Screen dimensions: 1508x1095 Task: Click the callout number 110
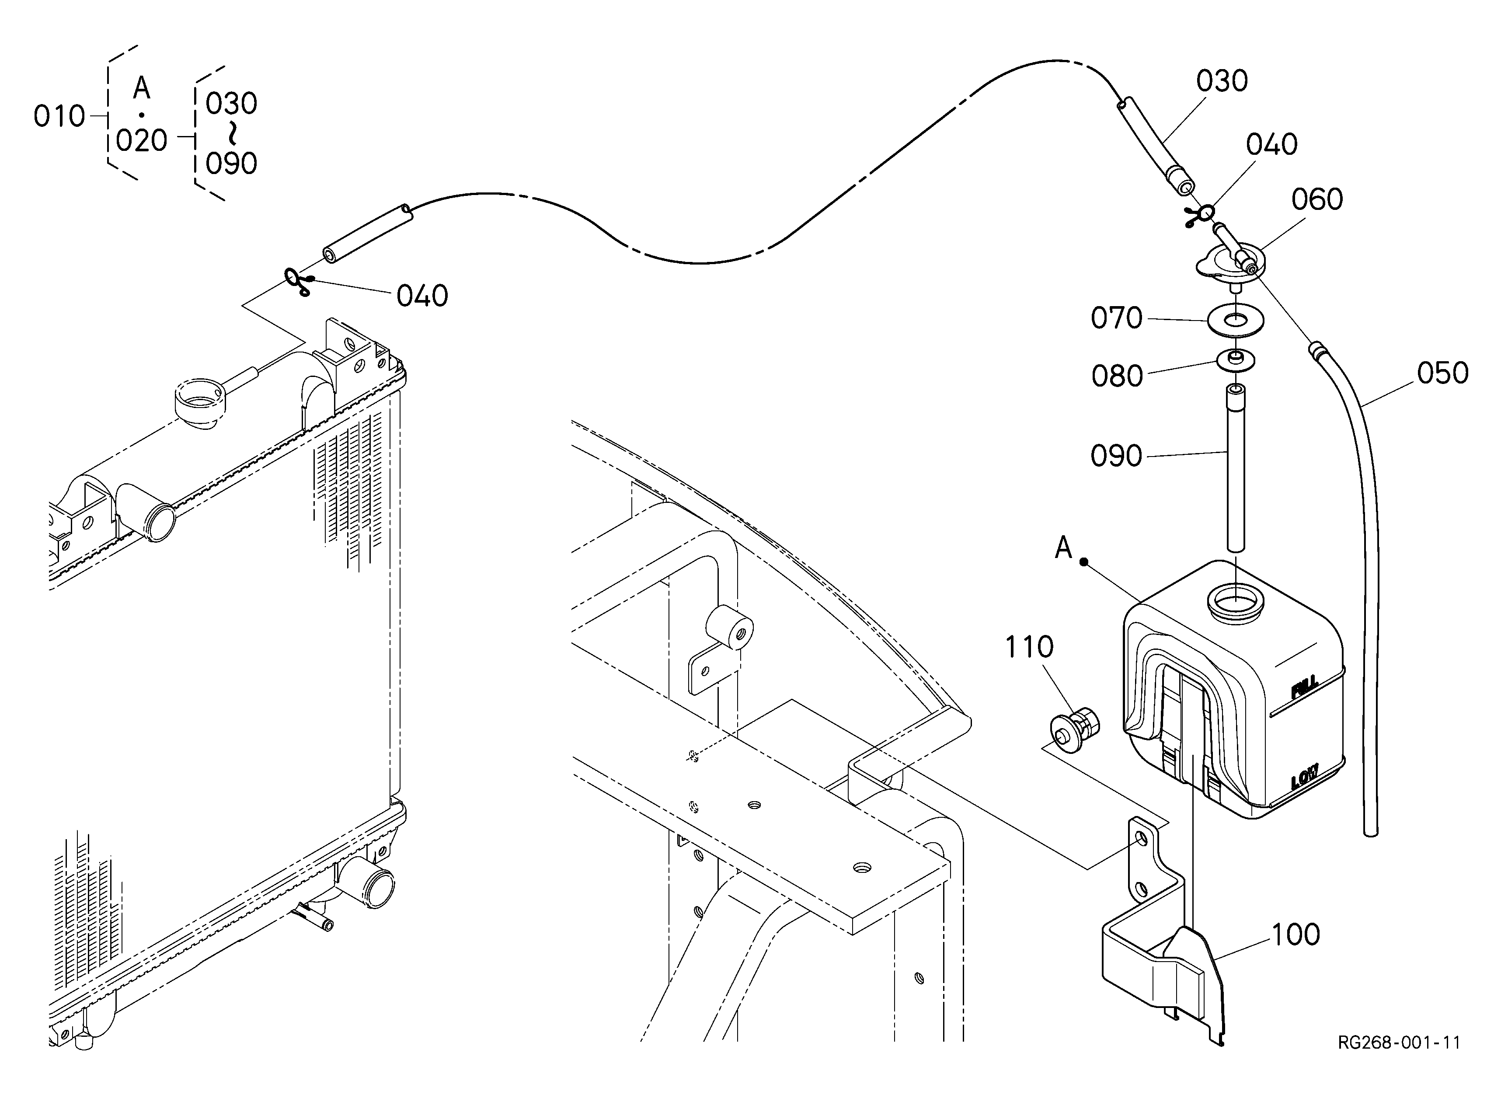pyautogui.click(x=1029, y=647)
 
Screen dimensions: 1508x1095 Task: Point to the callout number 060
pyautogui.click(x=1317, y=199)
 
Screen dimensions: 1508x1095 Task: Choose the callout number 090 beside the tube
pyautogui.click(x=1116, y=456)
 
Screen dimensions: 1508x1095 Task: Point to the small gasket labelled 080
pyautogui.click(x=1236, y=360)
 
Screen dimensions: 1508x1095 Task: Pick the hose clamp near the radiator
pyautogui.click(x=298, y=281)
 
